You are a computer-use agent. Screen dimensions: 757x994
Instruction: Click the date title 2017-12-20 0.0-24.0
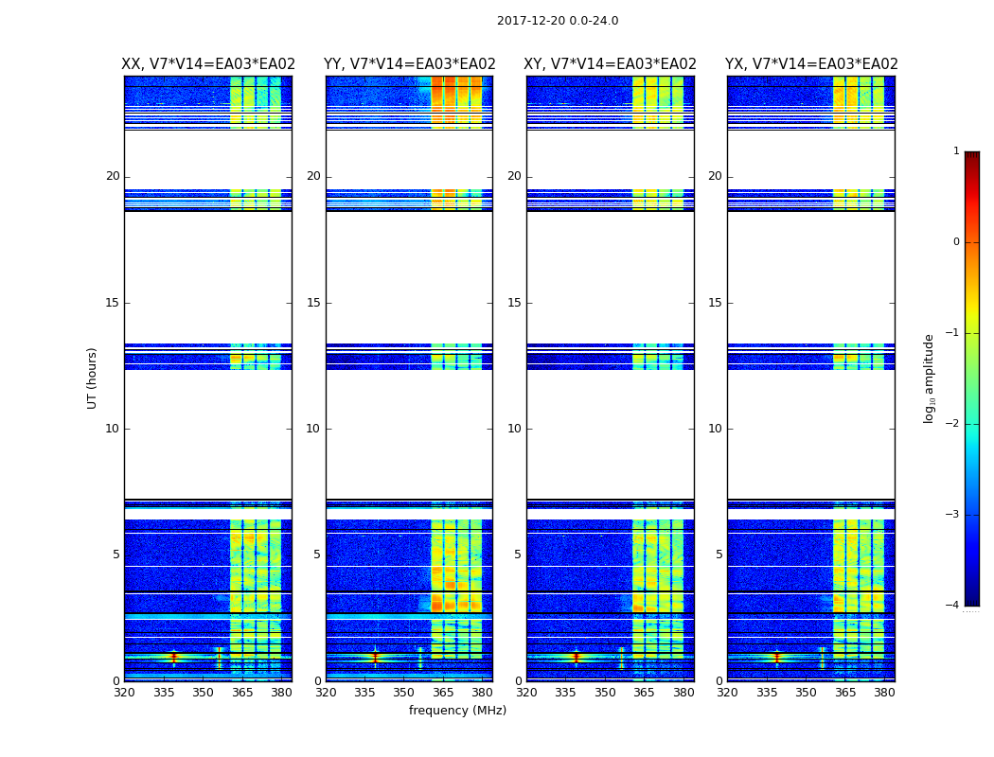(x=558, y=21)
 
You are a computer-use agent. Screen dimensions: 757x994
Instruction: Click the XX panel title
(x=208, y=64)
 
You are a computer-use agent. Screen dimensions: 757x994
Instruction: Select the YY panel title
(x=409, y=64)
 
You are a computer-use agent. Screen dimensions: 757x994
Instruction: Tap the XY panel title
(x=611, y=64)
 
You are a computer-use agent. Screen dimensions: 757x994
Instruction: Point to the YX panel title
(x=811, y=64)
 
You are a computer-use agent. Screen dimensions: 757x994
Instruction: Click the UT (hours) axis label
(x=93, y=378)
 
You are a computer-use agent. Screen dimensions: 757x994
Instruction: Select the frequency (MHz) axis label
(x=457, y=711)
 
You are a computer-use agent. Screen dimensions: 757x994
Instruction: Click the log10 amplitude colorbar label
(x=930, y=378)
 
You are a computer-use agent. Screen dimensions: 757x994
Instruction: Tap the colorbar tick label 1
(x=956, y=151)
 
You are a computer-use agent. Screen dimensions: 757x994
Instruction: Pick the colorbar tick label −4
(x=953, y=606)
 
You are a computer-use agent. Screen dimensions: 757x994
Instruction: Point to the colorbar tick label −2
(x=953, y=424)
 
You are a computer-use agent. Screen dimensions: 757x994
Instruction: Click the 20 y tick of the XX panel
(x=113, y=176)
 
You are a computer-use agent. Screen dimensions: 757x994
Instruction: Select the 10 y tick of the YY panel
(x=313, y=429)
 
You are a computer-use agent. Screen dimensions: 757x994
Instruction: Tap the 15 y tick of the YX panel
(x=715, y=303)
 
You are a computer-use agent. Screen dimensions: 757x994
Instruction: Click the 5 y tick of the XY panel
(x=518, y=555)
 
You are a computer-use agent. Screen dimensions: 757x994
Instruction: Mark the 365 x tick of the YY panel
(x=443, y=693)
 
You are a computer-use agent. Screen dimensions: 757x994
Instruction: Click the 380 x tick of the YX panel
(x=884, y=693)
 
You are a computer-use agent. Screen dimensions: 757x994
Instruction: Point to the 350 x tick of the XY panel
(x=605, y=693)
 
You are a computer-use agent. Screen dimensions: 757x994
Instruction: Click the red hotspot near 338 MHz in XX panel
(x=173, y=656)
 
